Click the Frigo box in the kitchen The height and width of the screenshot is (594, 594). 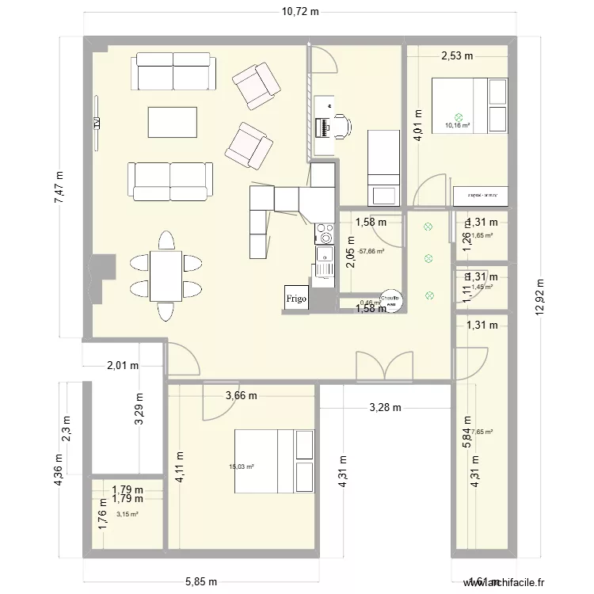(x=296, y=298)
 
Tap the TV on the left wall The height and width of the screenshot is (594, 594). (x=96, y=122)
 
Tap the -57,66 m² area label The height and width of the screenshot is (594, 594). (x=371, y=251)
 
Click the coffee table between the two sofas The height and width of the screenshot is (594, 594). (x=172, y=122)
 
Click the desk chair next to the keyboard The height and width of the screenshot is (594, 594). (x=341, y=125)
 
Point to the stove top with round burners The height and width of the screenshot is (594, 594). (x=325, y=234)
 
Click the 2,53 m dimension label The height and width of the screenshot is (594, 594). (x=456, y=55)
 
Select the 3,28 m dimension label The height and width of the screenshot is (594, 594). (x=385, y=408)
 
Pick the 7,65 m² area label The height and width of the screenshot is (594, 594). (x=482, y=432)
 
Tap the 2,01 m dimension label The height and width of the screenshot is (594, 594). (x=123, y=365)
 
